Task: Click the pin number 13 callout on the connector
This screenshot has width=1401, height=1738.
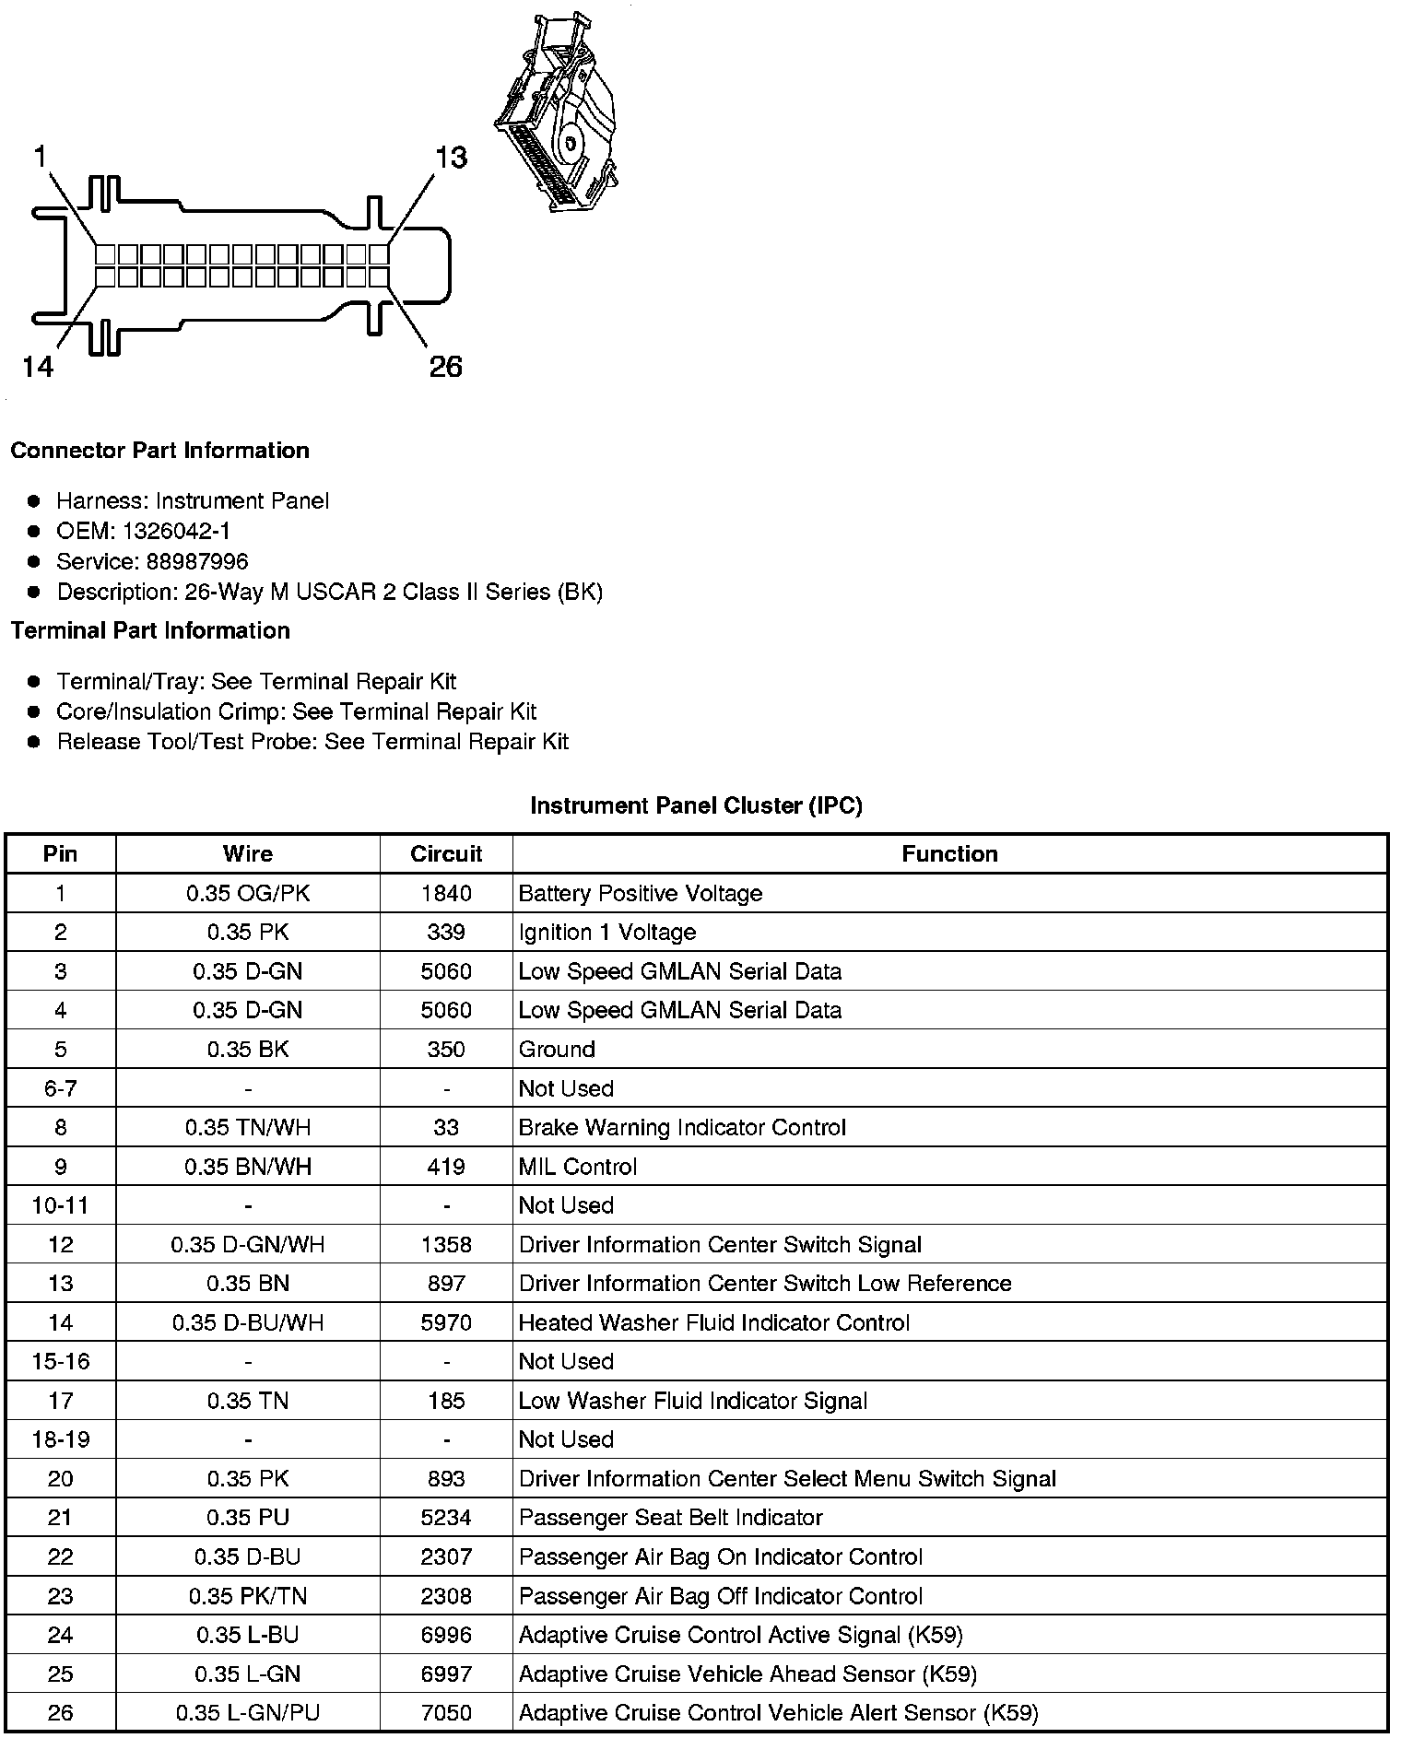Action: point(451,158)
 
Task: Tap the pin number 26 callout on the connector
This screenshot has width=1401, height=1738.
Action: point(445,367)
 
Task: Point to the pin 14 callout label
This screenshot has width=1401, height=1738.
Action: point(38,367)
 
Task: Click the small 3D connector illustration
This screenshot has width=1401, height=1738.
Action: point(557,114)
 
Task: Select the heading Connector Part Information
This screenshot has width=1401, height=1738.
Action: point(159,451)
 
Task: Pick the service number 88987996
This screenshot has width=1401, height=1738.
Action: point(197,561)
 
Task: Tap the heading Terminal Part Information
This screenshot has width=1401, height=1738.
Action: point(150,630)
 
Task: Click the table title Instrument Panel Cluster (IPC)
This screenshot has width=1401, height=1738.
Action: point(696,805)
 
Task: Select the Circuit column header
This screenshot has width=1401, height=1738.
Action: point(446,853)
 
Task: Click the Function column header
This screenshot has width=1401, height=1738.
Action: point(949,853)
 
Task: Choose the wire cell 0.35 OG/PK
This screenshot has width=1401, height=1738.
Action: point(247,893)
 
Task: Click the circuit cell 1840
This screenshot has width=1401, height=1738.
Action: point(446,893)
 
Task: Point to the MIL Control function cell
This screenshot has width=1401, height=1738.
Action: point(578,1167)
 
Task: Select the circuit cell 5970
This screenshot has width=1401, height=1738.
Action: point(446,1322)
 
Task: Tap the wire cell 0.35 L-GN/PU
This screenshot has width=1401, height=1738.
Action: point(247,1713)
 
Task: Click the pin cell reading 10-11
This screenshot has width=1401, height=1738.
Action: point(61,1205)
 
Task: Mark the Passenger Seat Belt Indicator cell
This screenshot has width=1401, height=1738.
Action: point(670,1518)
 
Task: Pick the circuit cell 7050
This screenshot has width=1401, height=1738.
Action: point(446,1713)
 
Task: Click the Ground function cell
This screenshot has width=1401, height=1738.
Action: point(557,1050)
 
